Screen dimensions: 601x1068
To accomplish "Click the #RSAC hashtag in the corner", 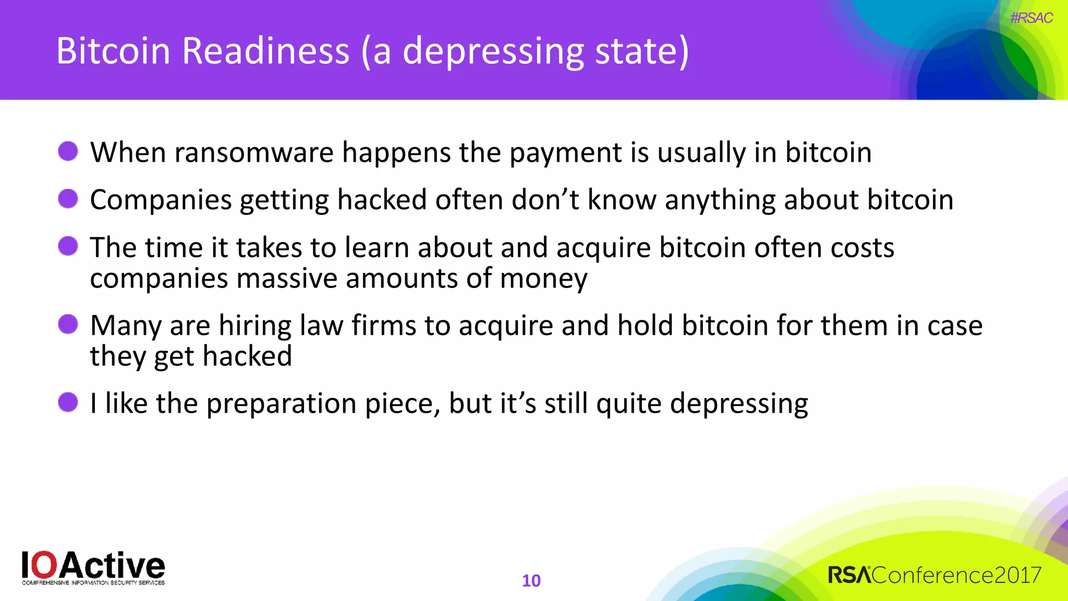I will click(1031, 18).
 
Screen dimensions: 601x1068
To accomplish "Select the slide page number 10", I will click(531, 581).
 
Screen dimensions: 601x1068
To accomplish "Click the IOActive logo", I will click(93, 568).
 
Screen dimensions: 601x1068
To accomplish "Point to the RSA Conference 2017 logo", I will click(934, 575).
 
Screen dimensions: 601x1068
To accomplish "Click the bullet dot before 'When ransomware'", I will click(68, 151).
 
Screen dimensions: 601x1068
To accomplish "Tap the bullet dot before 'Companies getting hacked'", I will click(68, 199).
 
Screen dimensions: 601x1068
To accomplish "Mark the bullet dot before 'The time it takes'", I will click(68, 246).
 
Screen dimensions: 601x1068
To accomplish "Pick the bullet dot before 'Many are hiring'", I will click(68, 324).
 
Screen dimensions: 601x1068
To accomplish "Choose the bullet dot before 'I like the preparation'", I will click(68, 402).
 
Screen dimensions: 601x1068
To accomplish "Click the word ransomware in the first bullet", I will click(254, 153).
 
